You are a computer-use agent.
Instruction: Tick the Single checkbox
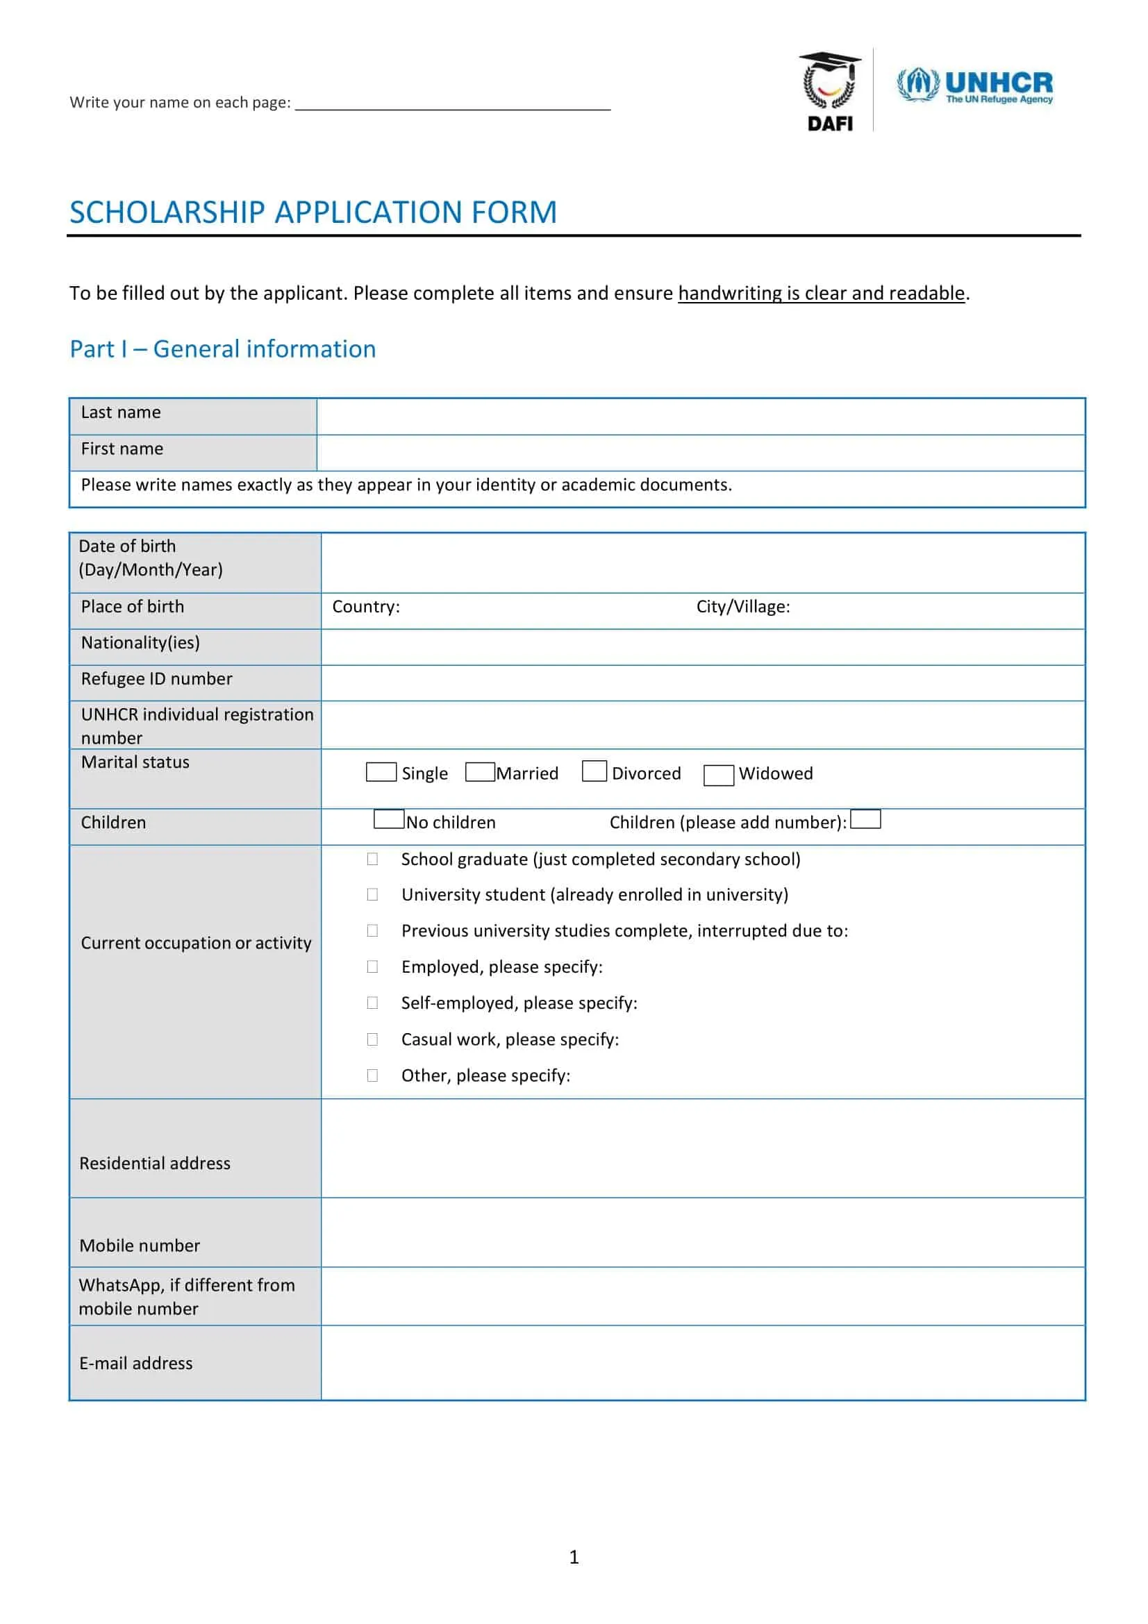(x=381, y=771)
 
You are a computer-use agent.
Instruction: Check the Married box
(x=480, y=771)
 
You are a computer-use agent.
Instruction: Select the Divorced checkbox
(x=594, y=771)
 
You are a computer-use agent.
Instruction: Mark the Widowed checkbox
(x=718, y=776)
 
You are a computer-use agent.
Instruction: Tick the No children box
(x=388, y=819)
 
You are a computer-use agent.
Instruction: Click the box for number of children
(x=865, y=819)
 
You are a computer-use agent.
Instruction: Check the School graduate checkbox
(x=372, y=859)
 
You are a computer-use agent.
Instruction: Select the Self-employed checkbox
(x=372, y=1003)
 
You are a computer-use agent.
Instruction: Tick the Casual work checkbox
(x=372, y=1039)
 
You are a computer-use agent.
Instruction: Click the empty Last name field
(x=700, y=417)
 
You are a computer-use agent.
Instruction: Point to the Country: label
(x=366, y=607)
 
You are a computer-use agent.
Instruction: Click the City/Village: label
(x=742, y=607)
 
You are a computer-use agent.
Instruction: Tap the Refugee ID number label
(x=156, y=679)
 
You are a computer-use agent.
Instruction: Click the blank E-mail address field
(x=701, y=1362)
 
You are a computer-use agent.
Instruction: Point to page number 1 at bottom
(x=574, y=1557)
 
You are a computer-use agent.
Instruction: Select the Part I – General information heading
(x=222, y=349)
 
